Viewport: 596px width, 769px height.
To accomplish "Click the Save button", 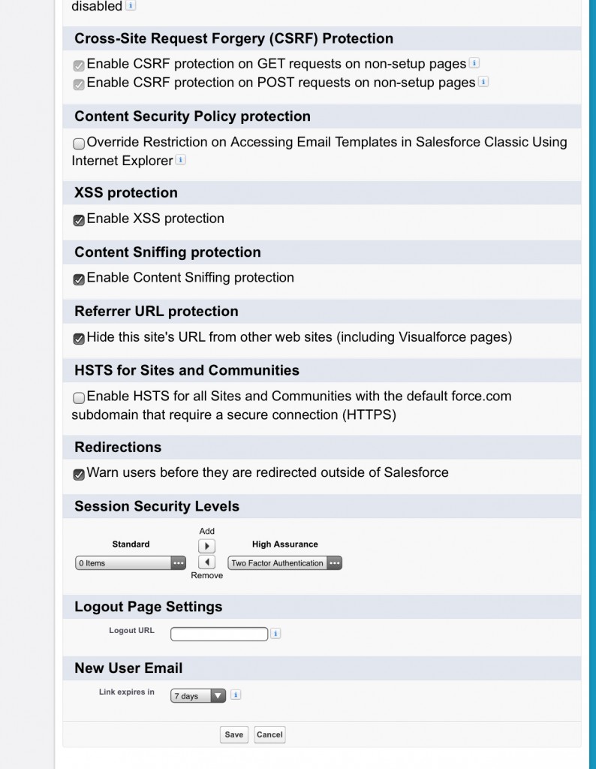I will pyautogui.click(x=234, y=734).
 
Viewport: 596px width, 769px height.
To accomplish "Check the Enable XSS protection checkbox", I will pyautogui.click(x=79, y=220).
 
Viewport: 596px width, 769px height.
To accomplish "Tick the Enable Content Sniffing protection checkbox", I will pyautogui.click(x=79, y=279).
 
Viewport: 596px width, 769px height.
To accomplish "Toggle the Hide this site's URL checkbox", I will pyautogui.click(x=79, y=339).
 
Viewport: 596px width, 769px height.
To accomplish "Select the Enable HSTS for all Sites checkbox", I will pyautogui.click(x=79, y=397).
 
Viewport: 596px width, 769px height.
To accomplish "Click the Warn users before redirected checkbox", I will pyautogui.click(x=79, y=475).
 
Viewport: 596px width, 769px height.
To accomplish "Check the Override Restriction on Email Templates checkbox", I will pyautogui.click(x=79, y=143).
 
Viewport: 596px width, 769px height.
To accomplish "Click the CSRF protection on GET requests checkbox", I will pyautogui.click(x=79, y=65).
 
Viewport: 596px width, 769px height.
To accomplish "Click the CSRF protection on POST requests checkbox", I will pyautogui.click(x=79, y=84).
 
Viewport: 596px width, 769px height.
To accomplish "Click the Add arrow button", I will pyautogui.click(x=206, y=546).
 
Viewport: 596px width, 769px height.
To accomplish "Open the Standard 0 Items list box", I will pyautogui.click(x=131, y=562).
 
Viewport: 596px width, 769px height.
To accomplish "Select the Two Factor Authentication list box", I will pyautogui.click(x=284, y=562).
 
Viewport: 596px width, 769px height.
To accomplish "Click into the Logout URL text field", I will pyautogui.click(x=219, y=635).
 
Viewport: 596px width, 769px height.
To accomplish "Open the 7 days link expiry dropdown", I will pyautogui.click(x=198, y=696).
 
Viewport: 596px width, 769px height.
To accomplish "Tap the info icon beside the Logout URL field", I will pyautogui.click(x=275, y=634).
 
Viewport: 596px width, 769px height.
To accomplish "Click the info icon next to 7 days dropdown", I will pyautogui.click(x=236, y=695).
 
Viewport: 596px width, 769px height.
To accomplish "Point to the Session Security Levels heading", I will pyautogui.click(x=157, y=506).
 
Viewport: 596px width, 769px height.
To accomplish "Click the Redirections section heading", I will pyautogui.click(x=118, y=447).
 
